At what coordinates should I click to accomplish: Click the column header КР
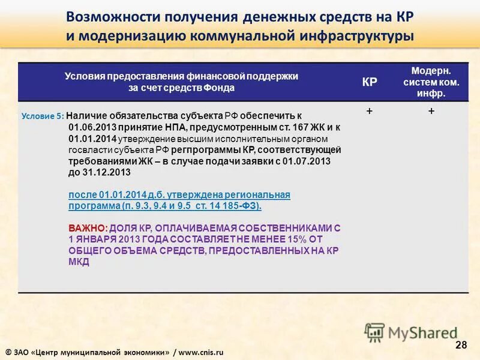(x=370, y=82)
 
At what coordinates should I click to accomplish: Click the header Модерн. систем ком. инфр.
(x=431, y=82)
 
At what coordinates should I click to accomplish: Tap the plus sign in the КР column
(x=369, y=112)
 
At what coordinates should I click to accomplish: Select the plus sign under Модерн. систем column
(x=431, y=112)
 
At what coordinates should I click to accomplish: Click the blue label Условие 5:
(x=42, y=116)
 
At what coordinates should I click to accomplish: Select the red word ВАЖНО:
(x=88, y=229)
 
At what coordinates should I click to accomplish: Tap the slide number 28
(x=461, y=344)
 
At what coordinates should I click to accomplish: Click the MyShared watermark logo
(x=411, y=332)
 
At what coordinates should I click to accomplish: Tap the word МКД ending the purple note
(x=79, y=262)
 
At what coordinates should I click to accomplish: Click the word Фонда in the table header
(x=221, y=88)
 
